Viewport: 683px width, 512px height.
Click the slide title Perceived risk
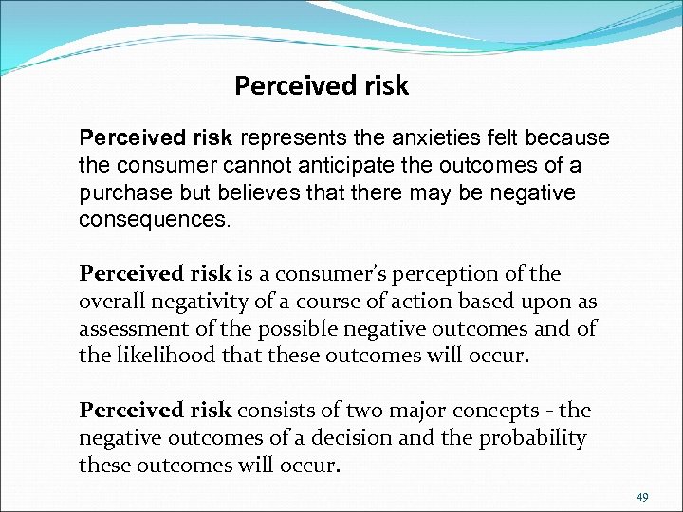pyautogui.click(x=321, y=86)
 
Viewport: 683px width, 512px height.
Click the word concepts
pyautogui.click(x=492, y=411)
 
